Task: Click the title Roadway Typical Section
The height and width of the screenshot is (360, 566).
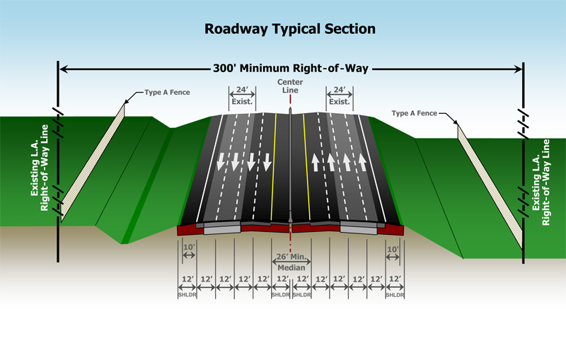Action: coord(289,29)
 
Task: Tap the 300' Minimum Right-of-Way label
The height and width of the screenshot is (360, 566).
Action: coord(290,69)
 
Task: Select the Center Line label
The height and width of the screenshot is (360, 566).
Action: coord(289,86)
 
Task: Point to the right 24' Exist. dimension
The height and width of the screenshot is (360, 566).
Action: coord(338,95)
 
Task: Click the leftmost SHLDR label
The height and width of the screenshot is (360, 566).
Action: coord(186,294)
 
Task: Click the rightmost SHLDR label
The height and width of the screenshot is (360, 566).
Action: coord(395,294)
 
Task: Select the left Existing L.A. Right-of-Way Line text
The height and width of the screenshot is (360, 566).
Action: coord(38,167)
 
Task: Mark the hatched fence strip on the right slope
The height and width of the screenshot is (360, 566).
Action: coord(490,187)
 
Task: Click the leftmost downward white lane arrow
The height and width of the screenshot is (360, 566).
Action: coord(221,161)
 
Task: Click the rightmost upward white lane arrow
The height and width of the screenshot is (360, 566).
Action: coord(362,163)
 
